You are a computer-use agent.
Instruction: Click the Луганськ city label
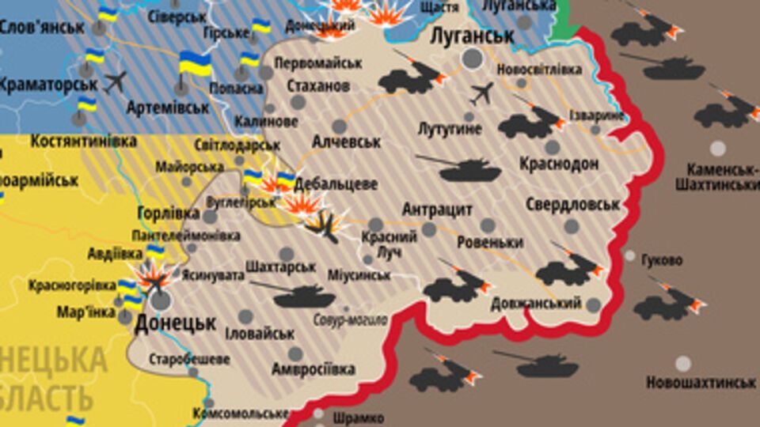pos(473,36)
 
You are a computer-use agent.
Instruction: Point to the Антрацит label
pos(437,210)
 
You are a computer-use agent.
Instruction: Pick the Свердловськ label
pos(572,205)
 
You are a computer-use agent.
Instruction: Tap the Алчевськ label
pos(347,142)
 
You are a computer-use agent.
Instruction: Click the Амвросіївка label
pos(313,369)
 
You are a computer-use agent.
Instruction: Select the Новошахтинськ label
pos(701,383)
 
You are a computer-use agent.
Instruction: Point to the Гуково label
pos(662,259)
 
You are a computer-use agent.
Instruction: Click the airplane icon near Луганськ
pos(481,94)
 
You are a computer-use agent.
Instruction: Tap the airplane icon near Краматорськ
pos(116,81)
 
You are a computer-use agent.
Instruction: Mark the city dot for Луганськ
pos(473,59)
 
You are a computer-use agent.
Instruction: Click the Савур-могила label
pos(350,320)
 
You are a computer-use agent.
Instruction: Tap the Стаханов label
pos(318,85)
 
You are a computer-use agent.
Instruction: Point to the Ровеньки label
pos(489,242)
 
